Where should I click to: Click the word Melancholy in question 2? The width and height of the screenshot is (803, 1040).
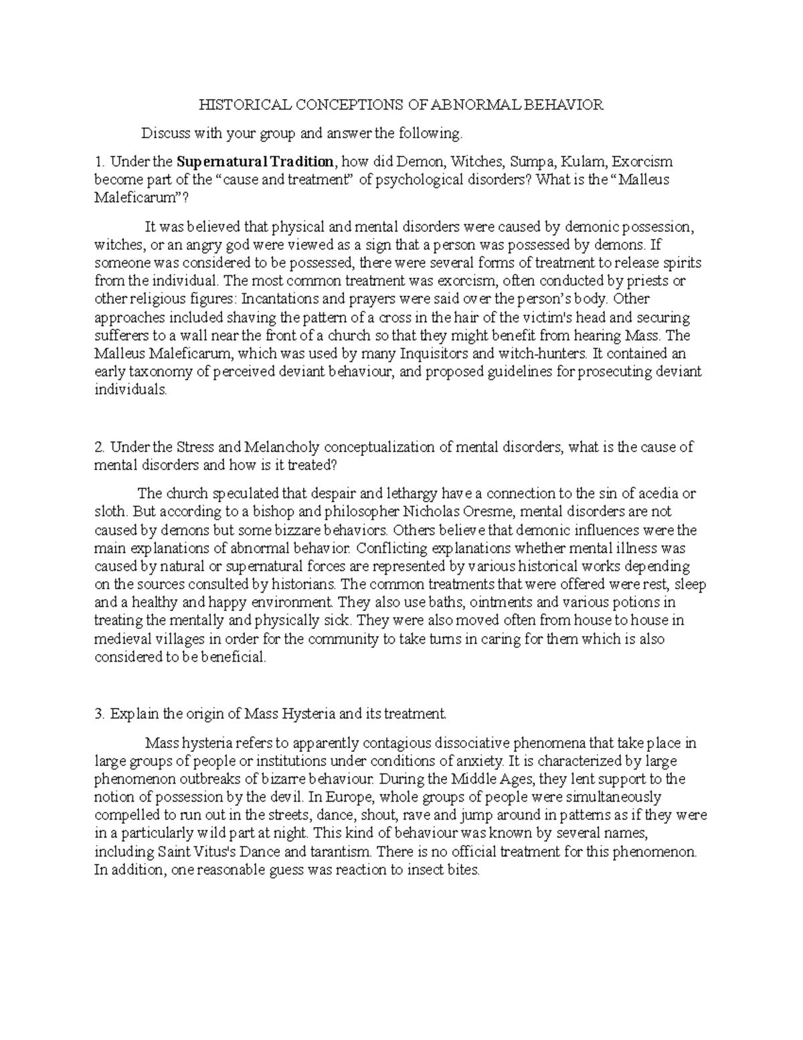(282, 447)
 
